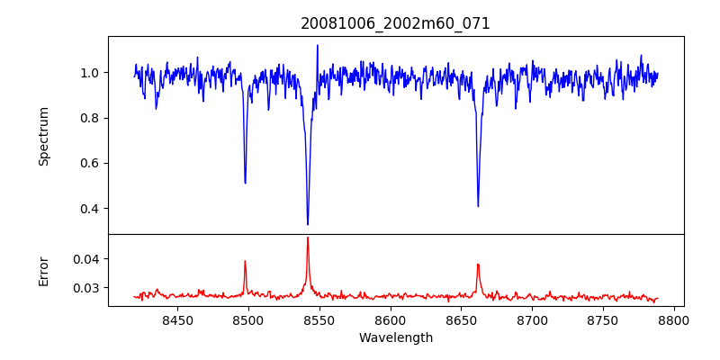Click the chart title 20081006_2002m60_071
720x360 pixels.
click(x=395, y=23)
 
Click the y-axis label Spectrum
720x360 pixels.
click(x=43, y=136)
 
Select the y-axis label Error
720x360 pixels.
click(x=43, y=270)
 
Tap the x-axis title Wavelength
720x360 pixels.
click(x=395, y=337)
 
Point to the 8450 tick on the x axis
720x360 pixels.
click(x=177, y=319)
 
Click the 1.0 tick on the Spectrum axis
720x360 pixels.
click(x=91, y=73)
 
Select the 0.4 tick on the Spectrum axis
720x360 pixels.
click(x=91, y=209)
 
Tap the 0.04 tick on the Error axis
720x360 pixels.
click(x=87, y=259)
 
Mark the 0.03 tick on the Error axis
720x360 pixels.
click(x=87, y=288)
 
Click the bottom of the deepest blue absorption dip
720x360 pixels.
click(x=308, y=224)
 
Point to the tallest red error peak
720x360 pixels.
click(x=308, y=238)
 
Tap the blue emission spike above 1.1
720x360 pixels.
click(x=317, y=45)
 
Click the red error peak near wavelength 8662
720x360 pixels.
click(x=478, y=265)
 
